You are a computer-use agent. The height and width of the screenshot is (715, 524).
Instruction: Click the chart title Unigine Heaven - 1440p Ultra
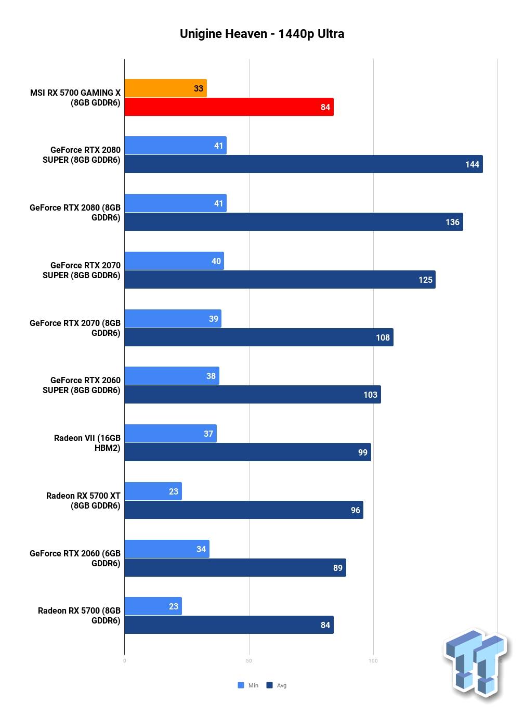[262, 34]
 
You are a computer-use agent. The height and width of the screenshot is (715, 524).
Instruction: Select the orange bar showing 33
[166, 88]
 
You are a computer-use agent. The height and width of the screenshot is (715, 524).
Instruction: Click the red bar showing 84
[229, 107]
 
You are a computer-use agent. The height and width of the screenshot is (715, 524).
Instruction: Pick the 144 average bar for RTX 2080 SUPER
[304, 164]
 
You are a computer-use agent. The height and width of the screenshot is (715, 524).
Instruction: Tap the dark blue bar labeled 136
[294, 222]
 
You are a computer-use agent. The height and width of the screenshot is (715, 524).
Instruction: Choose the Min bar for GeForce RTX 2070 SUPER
[174, 261]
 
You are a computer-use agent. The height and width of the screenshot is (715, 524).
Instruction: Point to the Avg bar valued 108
[259, 337]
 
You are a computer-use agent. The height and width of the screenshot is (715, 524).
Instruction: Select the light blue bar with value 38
[172, 375]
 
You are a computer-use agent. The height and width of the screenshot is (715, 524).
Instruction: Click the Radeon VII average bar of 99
[247, 452]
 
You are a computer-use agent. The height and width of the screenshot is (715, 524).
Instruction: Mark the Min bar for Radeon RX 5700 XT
[153, 491]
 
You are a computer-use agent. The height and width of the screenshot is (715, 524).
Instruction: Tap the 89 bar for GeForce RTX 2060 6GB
[235, 567]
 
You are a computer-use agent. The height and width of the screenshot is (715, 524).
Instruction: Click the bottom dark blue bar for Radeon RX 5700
[229, 625]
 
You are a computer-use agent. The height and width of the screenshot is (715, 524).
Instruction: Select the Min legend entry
[248, 685]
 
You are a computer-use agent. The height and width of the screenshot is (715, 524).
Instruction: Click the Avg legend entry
[277, 685]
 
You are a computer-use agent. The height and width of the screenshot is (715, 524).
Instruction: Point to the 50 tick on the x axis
[249, 661]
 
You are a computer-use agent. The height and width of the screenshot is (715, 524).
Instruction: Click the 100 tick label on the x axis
[373, 661]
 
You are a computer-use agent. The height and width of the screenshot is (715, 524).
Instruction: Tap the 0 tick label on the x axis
[124, 661]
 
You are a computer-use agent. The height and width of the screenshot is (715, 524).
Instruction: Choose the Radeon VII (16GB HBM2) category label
[87, 443]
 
